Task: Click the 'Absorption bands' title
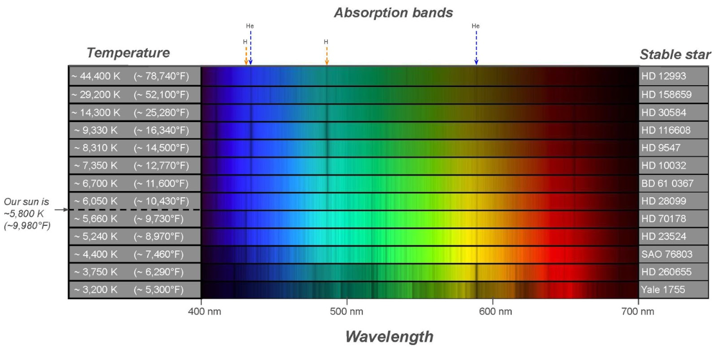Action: tap(393, 13)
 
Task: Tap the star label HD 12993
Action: tap(664, 77)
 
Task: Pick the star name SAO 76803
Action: tap(666, 254)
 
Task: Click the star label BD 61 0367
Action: tap(667, 183)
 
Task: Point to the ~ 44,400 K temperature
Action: tap(96, 77)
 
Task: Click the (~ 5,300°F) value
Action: tap(159, 289)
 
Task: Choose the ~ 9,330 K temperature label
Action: tap(93, 130)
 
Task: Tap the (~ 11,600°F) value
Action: tap(161, 183)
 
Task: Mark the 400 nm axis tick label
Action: tap(201, 312)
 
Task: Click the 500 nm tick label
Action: tap(347, 312)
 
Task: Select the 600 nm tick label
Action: tap(493, 312)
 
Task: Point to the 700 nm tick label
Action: tap(638, 312)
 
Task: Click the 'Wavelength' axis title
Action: tap(389, 337)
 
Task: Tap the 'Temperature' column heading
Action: tap(128, 53)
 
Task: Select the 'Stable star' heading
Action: tap(675, 54)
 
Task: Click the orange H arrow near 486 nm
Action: tap(326, 55)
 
